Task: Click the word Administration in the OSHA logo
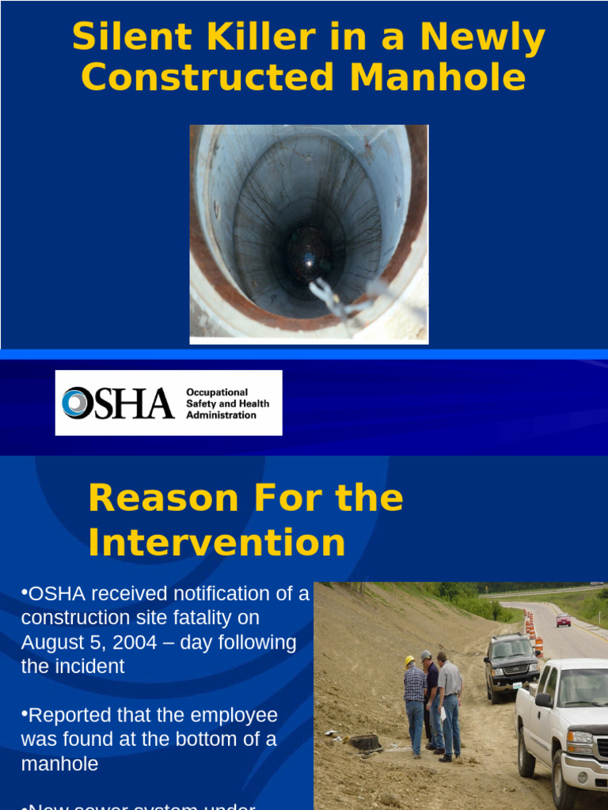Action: point(221,415)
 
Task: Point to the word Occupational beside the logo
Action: point(217,392)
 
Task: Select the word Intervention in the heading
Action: point(217,543)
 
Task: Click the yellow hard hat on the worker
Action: point(409,660)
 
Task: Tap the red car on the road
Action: point(563,619)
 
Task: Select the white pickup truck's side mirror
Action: point(543,700)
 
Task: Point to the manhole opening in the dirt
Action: point(365,743)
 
